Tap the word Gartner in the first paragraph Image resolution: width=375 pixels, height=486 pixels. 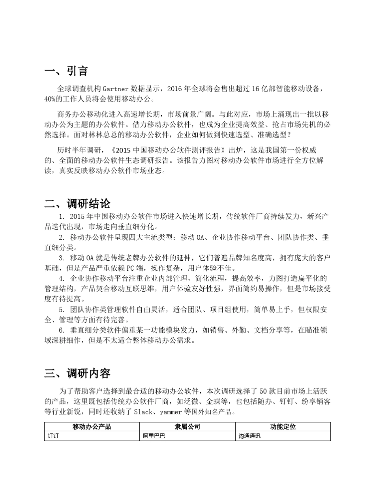coord(116,89)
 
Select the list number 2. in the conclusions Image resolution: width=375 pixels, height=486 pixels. coord(61,238)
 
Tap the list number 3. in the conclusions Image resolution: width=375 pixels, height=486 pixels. coord(61,258)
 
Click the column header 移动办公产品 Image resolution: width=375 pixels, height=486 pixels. coord(92,427)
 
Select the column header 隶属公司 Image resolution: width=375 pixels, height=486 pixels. coord(187,427)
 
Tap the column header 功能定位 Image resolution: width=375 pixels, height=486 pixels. coord(283,427)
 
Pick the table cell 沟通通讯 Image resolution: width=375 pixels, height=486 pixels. coord(249,437)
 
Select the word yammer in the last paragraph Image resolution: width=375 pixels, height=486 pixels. coord(171,413)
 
